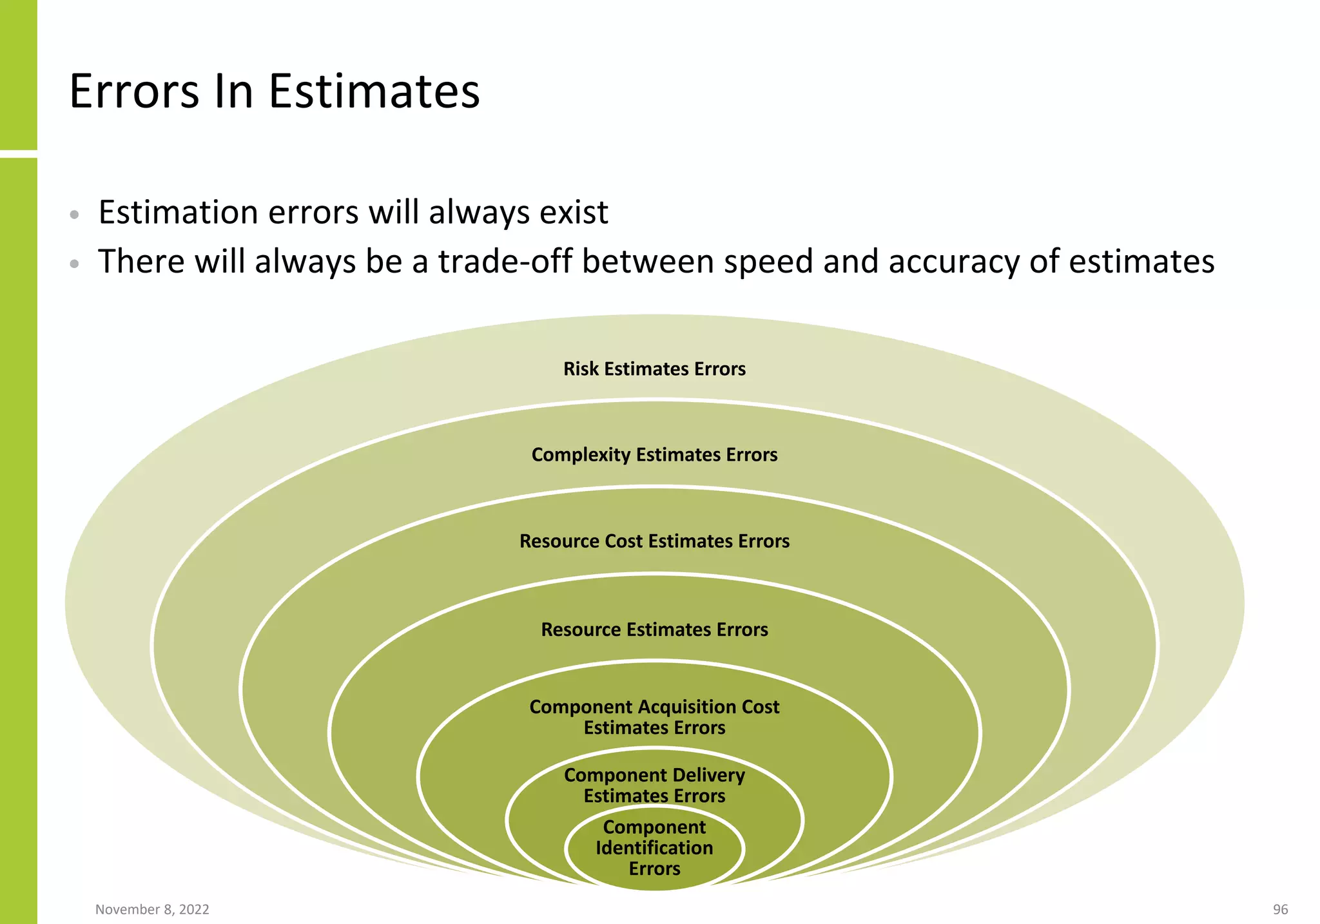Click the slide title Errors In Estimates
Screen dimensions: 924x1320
coord(274,91)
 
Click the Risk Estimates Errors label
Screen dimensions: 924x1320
coord(654,369)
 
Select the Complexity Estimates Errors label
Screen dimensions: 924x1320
coord(654,455)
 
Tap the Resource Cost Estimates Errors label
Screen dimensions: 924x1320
coord(654,541)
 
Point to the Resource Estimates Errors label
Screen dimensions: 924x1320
coord(654,630)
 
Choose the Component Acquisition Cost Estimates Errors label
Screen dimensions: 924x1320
coord(654,717)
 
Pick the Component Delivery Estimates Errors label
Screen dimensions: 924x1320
coord(654,785)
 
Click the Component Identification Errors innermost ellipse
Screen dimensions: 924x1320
coord(654,849)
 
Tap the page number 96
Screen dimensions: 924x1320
coord(1280,909)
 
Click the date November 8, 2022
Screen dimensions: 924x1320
coord(152,909)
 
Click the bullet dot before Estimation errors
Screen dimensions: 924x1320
coord(75,215)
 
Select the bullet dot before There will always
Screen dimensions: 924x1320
coord(75,264)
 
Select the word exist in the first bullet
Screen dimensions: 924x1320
coord(574,213)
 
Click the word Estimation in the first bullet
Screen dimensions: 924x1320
coord(178,213)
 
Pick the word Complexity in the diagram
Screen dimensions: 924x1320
coord(581,455)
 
